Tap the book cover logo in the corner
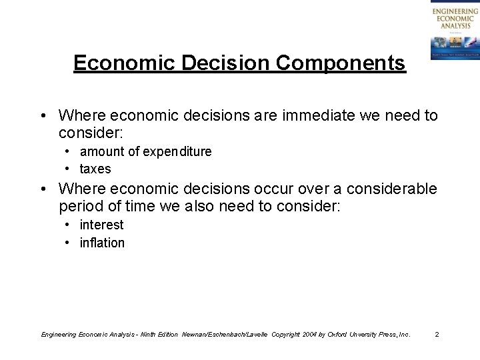point(454,30)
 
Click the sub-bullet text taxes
point(95,169)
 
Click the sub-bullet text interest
point(101,225)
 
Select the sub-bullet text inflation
point(102,243)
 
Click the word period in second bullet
point(80,207)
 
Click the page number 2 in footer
point(437,333)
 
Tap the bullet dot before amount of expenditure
point(69,152)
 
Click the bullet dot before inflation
point(69,243)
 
